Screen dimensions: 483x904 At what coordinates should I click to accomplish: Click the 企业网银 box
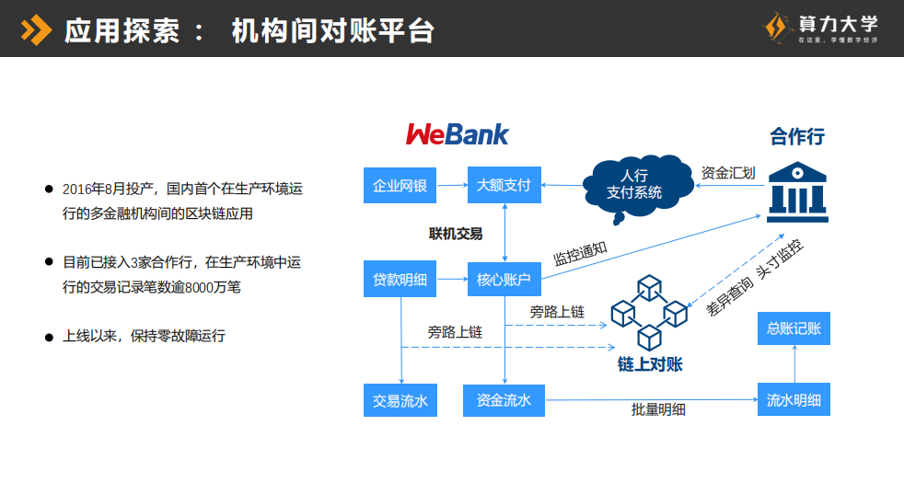400,185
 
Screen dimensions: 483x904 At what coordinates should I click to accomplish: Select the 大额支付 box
504,185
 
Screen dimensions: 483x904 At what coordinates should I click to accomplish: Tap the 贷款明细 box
400,279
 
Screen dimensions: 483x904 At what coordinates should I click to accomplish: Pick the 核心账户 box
504,279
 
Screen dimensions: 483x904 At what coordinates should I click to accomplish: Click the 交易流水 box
400,400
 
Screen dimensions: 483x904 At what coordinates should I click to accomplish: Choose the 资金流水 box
504,400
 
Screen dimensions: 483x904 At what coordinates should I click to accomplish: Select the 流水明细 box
794,400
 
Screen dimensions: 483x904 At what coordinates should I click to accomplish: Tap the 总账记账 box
794,328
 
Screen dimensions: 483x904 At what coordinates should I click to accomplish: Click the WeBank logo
457,134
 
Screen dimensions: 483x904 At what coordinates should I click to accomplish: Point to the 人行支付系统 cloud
634,183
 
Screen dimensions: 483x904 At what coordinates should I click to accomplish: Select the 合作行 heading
797,137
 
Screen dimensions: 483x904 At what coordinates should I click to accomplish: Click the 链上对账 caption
650,364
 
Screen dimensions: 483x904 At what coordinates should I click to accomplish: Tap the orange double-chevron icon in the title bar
36,30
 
